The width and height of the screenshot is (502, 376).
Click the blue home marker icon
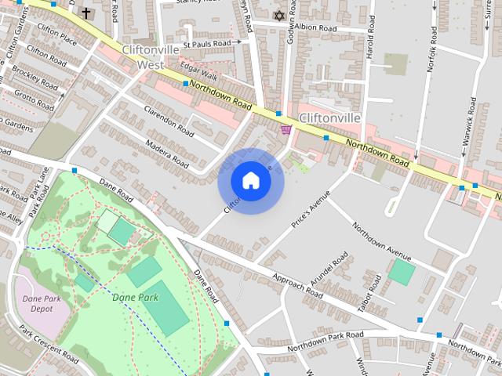(250, 181)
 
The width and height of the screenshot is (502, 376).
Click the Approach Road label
(298, 285)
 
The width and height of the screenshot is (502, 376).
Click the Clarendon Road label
(168, 118)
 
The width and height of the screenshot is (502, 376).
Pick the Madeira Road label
(166, 154)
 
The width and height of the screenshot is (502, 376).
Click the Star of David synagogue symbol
(278, 14)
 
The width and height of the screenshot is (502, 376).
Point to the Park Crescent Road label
(49, 345)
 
